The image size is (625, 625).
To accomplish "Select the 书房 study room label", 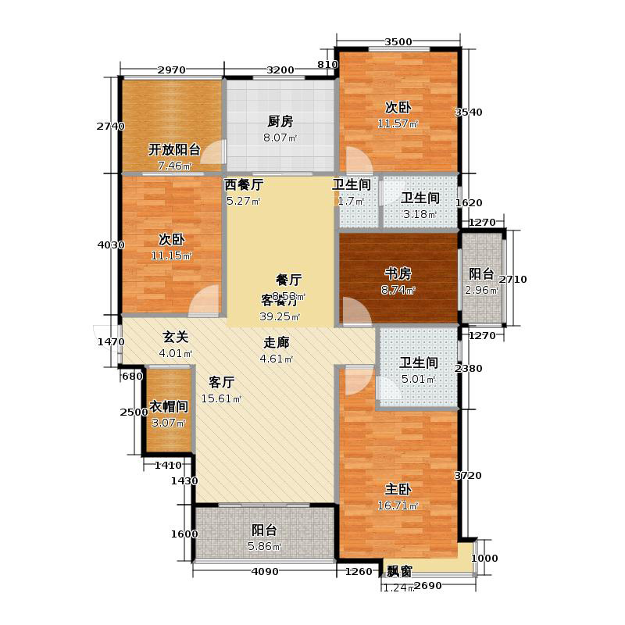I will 398,273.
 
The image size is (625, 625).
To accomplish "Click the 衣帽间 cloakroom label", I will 169,406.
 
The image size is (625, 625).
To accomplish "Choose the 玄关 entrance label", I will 176,337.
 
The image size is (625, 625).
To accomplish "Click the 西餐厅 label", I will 244,186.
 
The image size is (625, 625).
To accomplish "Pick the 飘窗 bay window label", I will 396,571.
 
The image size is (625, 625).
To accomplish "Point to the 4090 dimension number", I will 265,572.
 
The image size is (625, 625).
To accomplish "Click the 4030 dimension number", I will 110,245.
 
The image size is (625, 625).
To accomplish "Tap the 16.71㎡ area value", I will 398,505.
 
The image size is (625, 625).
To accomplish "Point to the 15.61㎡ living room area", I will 221,399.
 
